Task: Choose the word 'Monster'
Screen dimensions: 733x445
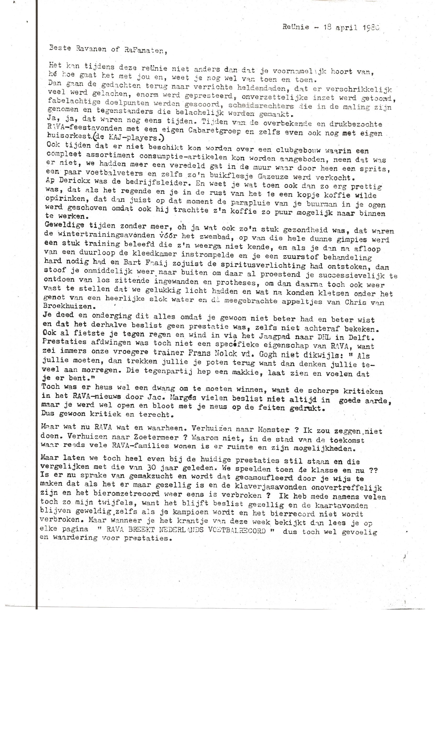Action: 273,430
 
